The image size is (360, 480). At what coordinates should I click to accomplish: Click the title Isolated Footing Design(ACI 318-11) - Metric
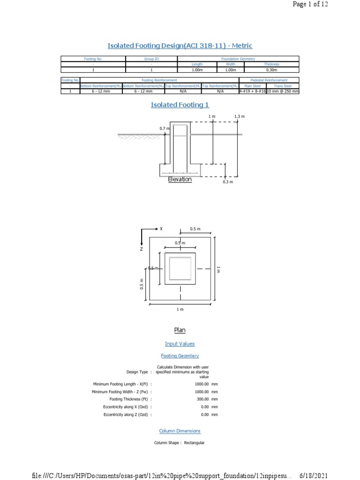[180, 45]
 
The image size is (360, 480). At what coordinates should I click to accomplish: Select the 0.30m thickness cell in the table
[271, 69]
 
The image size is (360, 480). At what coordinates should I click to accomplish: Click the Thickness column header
[271, 64]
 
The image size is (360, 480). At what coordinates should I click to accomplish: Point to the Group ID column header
[151, 59]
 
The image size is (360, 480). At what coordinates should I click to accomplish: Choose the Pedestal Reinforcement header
[269, 80]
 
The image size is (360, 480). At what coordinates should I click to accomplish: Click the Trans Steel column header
[282, 86]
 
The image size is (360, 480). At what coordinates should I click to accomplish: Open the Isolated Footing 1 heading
[180, 105]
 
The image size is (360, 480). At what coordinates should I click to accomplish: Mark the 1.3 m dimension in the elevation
[240, 116]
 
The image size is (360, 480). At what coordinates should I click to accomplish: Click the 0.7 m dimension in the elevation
[164, 128]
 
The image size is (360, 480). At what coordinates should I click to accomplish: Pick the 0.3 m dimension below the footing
[227, 182]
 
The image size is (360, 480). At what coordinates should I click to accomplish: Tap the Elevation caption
[180, 179]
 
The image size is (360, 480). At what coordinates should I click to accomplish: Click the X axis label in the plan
[161, 229]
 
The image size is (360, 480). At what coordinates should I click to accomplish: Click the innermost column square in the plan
[180, 269]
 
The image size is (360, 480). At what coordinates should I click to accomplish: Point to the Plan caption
[180, 330]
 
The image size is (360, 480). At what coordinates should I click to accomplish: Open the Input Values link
[180, 344]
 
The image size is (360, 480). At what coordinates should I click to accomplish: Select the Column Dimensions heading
[180, 431]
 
